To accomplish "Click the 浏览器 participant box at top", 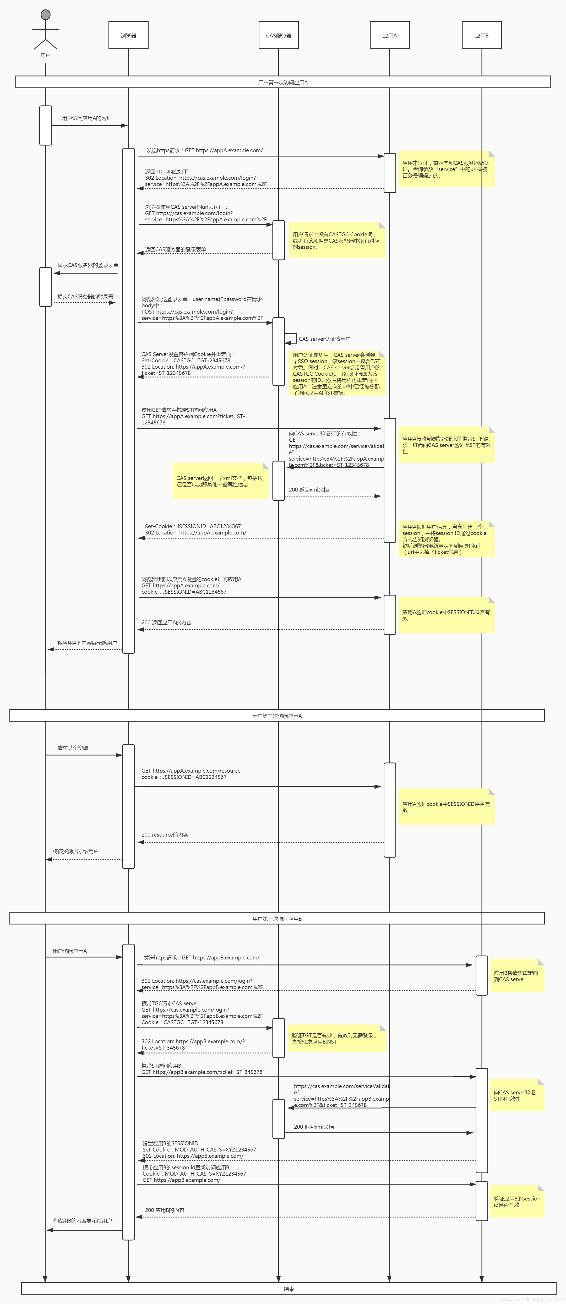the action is pyautogui.click(x=128, y=35).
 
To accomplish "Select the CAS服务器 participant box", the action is pyautogui.click(x=279, y=35).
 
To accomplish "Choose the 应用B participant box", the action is pyautogui.click(x=481, y=35).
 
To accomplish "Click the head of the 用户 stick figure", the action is pyautogui.click(x=46, y=14).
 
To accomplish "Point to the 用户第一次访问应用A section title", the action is pyautogui.click(x=282, y=82).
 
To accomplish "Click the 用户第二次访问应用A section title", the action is pyautogui.click(x=277, y=715).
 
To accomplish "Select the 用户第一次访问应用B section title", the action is pyautogui.click(x=277, y=918).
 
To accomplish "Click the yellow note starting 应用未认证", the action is pyautogui.click(x=445, y=169).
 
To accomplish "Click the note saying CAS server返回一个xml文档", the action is pyautogui.click(x=220, y=481).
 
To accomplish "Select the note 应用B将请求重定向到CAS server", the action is pyautogui.click(x=516, y=976).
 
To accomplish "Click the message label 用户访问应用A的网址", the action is pyautogui.click(x=86, y=118).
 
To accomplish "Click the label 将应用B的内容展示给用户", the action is pyautogui.click(x=82, y=1220).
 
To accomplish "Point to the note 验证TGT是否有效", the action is pyautogui.click(x=336, y=1038).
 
